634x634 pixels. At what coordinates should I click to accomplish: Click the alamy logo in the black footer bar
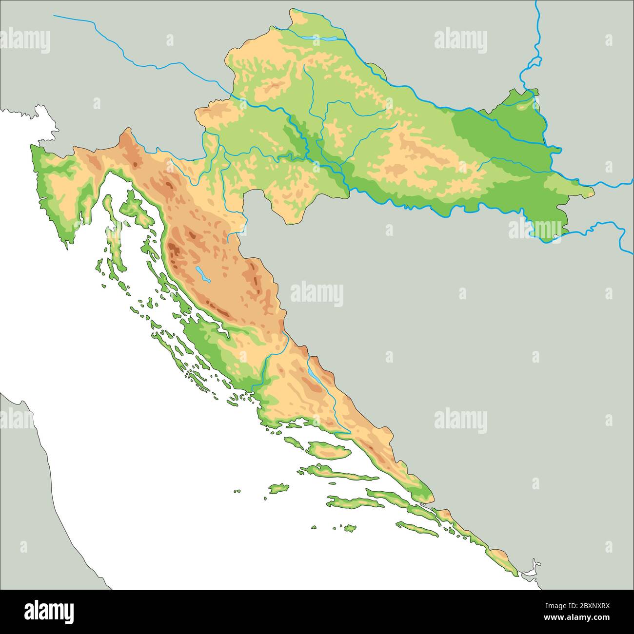click(x=49, y=611)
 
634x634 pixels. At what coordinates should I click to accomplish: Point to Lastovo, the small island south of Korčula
click(x=348, y=528)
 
